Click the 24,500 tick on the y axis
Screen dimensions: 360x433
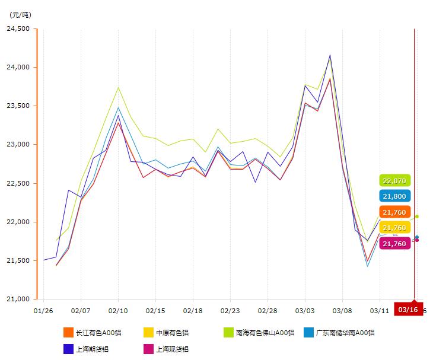tap(18, 28)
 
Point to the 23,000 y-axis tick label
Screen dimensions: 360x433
tap(18, 145)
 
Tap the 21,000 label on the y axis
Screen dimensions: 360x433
tap(18, 299)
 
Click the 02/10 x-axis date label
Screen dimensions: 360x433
tap(118, 310)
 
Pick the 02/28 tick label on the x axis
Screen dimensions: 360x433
tap(268, 310)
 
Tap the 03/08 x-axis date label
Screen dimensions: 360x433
tap(342, 310)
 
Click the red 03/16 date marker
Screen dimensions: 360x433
tap(408, 310)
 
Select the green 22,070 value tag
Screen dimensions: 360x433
tap(394, 181)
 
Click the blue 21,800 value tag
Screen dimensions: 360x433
tap(394, 196)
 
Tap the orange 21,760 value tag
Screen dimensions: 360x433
tap(394, 212)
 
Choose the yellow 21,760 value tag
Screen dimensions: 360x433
tap(394, 228)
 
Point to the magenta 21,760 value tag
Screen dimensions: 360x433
tap(394, 243)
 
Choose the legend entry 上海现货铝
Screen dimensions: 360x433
tap(167, 349)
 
